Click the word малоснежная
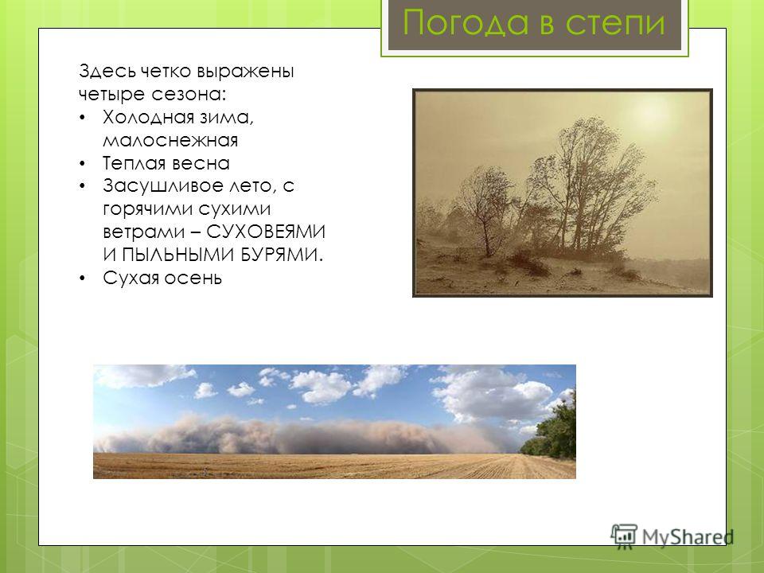coord(170,140)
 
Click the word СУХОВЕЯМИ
coord(266,232)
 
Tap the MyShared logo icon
coord(624,536)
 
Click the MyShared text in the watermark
coord(688,537)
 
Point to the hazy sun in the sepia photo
coord(647,114)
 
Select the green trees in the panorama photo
coord(550,427)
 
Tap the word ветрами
coord(144,232)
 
